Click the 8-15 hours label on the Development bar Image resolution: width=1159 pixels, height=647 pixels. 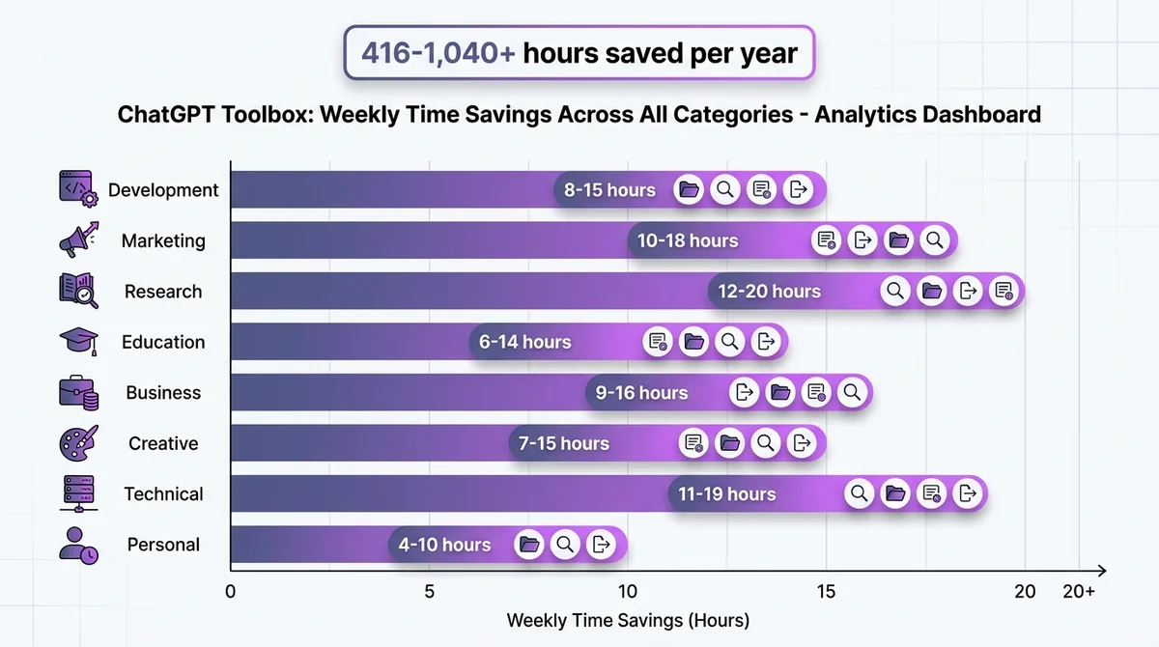tap(609, 190)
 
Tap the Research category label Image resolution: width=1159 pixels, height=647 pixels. tap(163, 292)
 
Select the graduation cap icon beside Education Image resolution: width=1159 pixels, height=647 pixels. tap(78, 341)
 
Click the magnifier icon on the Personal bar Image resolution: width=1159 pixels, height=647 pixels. tap(565, 545)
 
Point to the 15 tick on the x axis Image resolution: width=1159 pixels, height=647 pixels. tap(826, 592)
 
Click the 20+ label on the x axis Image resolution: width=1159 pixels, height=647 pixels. tap(1078, 592)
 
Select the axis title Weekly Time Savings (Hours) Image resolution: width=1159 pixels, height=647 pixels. tap(628, 620)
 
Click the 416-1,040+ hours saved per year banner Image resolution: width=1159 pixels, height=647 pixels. tap(579, 53)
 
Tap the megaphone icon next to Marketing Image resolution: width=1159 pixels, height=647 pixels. tap(78, 240)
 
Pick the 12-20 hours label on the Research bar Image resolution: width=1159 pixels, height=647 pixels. tap(769, 292)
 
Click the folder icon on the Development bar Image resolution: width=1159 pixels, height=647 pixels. tap(689, 190)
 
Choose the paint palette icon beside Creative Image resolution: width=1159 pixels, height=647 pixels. tap(78, 443)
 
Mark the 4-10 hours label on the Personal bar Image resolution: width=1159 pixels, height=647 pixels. tap(444, 545)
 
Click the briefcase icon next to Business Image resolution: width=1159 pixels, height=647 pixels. tap(78, 392)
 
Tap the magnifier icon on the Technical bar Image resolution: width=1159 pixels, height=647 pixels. tap(860, 494)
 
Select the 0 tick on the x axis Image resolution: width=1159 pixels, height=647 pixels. tap(231, 592)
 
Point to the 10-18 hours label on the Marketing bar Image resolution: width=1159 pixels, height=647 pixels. tap(688, 240)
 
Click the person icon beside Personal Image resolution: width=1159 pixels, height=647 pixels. tap(78, 545)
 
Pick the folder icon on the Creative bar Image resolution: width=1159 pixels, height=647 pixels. tap(730, 443)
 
